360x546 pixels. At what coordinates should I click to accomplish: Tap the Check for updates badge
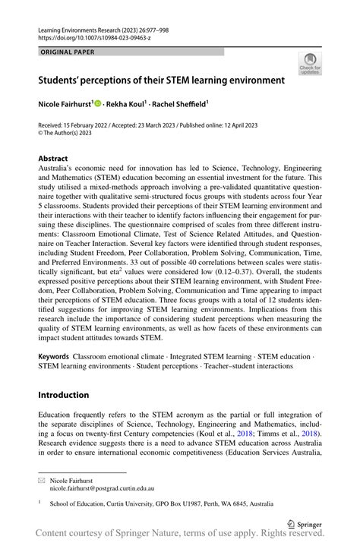[x=309, y=63]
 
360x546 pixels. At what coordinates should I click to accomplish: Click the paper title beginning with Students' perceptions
[x=162, y=79]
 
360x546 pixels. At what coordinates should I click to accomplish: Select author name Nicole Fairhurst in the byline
[x=65, y=102]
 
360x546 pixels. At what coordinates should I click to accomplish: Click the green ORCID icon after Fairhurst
[x=99, y=102]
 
